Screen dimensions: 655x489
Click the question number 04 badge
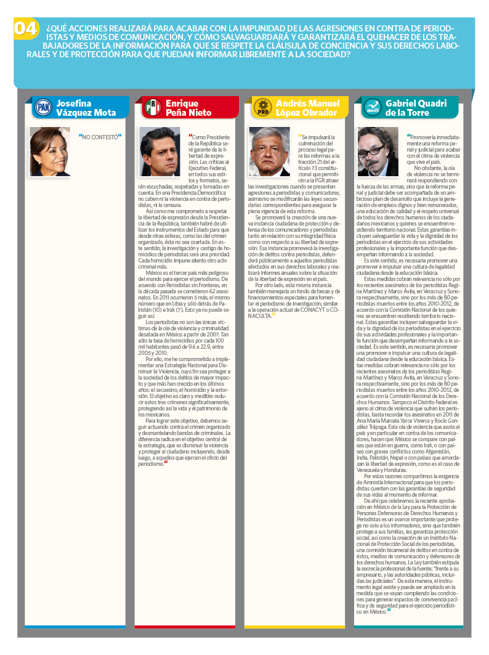(25, 28)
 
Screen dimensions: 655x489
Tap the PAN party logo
(43, 108)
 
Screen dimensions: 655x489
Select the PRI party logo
(152, 108)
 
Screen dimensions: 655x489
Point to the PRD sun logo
(262, 108)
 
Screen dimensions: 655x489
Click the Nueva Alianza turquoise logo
(371, 108)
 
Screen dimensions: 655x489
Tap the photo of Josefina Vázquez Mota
(50, 152)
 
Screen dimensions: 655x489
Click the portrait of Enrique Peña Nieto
(160, 152)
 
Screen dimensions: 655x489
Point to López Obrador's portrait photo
(269, 152)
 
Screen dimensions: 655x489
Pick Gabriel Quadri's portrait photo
(378, 152)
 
